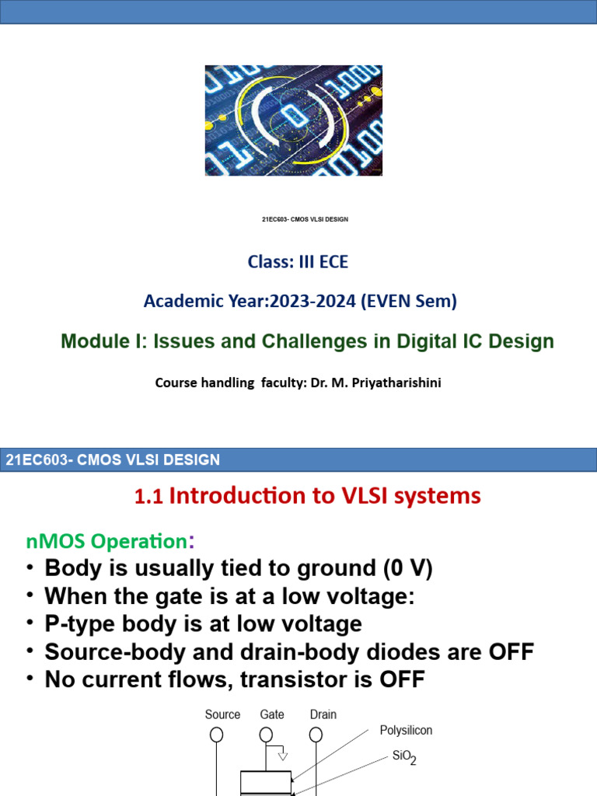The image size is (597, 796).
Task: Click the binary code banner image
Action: [294, 120]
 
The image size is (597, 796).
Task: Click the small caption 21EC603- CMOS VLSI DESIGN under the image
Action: [305, 220]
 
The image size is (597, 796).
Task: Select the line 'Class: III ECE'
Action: [298, 262]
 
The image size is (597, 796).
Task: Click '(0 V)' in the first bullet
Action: [407, 568]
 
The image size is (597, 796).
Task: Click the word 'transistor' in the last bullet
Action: [310, 680]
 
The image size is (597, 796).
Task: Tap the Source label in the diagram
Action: [222, 714]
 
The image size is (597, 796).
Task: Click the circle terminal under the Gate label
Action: [266, 735]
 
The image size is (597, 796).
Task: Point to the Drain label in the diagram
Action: [323, 714]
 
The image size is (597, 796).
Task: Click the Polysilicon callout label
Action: [406, 731]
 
